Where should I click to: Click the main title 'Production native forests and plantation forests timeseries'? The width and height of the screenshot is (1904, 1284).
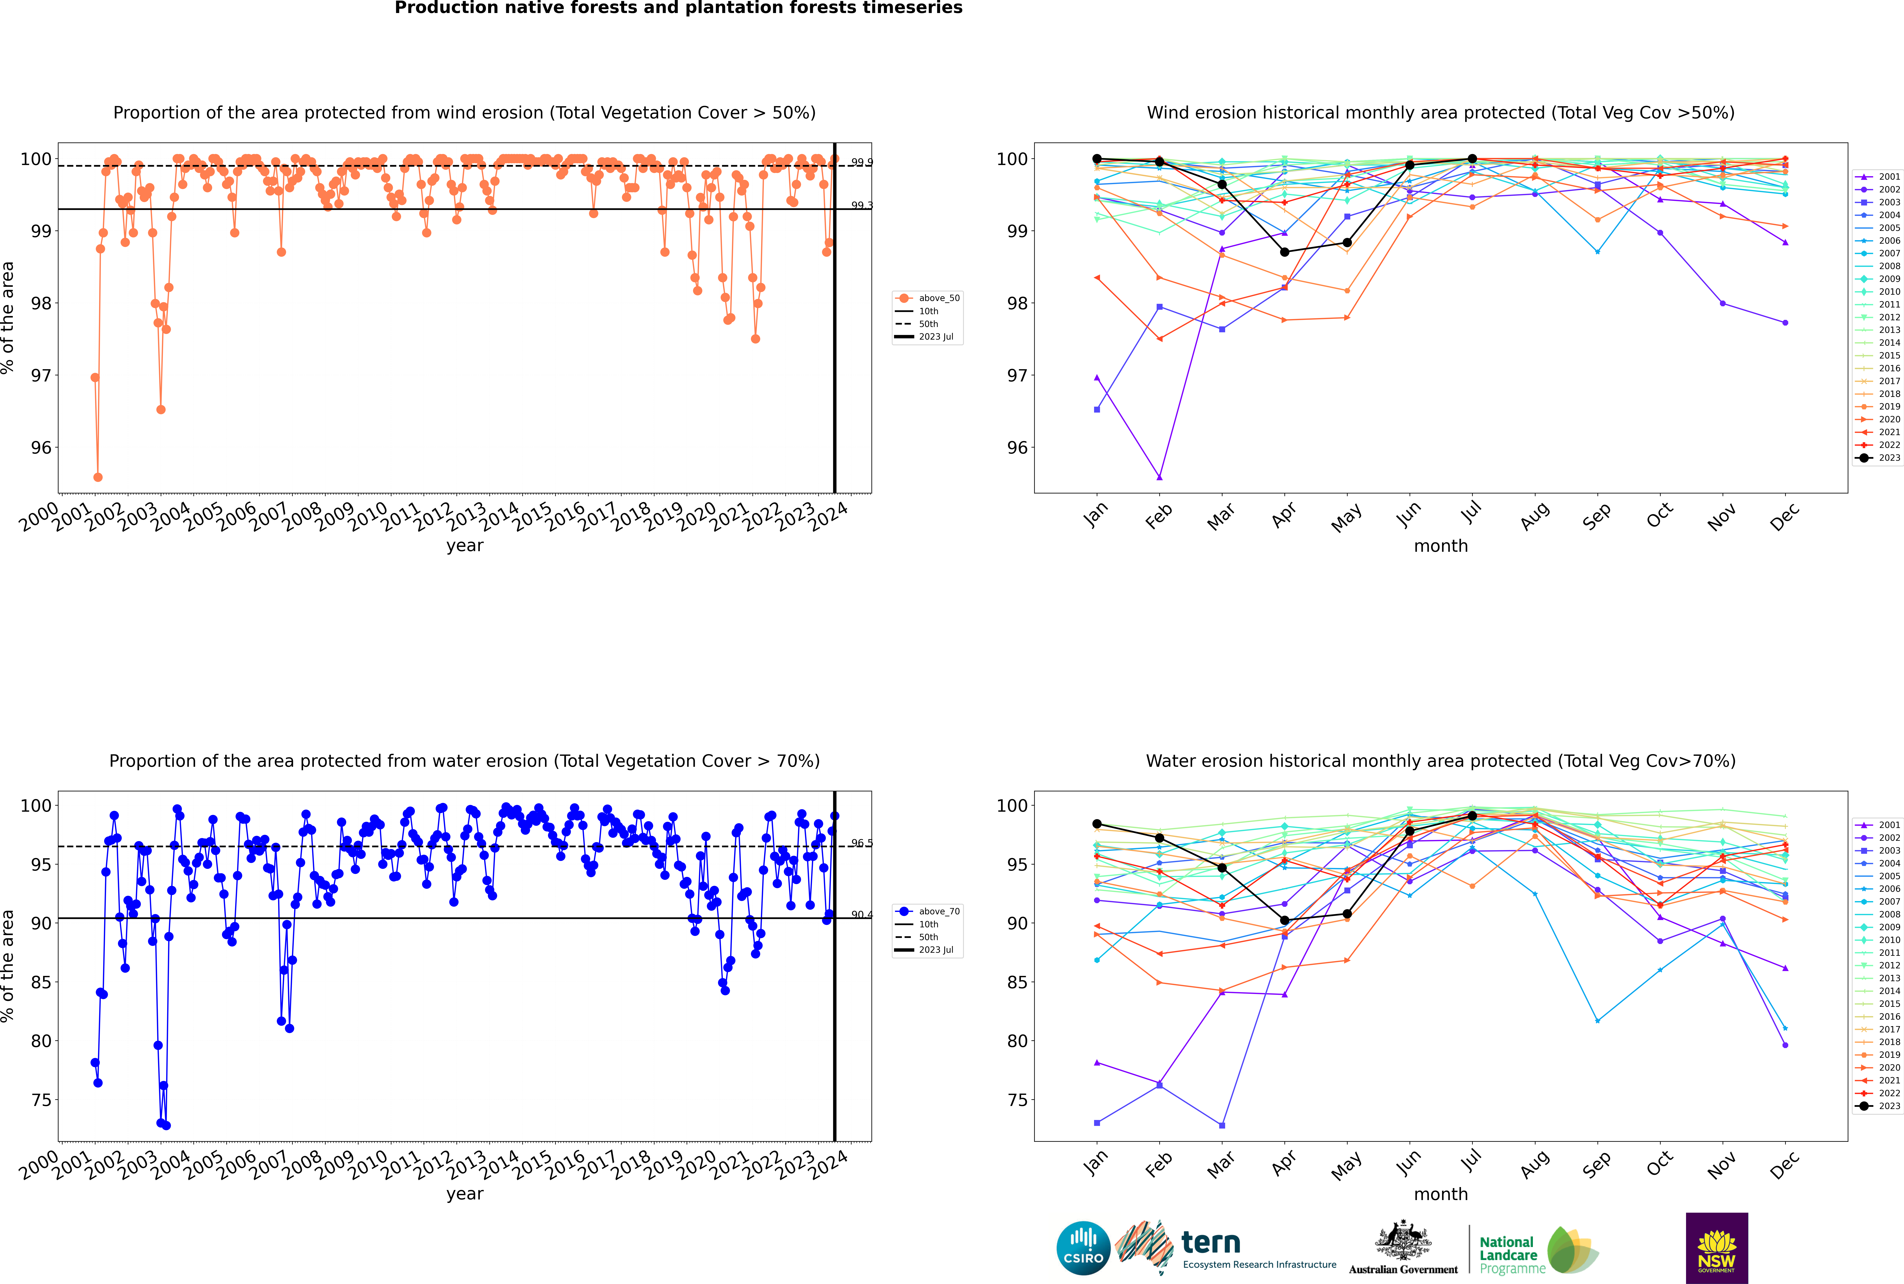[679, 8]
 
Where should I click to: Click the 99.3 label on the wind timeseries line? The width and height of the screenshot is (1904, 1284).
[861, 205]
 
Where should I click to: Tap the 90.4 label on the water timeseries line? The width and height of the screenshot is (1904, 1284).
[861, 915]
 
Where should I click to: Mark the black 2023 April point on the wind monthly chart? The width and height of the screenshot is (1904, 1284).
[1284, 252]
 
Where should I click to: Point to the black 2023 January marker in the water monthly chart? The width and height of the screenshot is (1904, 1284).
[1097, 824]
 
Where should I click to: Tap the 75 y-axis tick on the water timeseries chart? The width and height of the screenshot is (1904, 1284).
[39, 1100]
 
